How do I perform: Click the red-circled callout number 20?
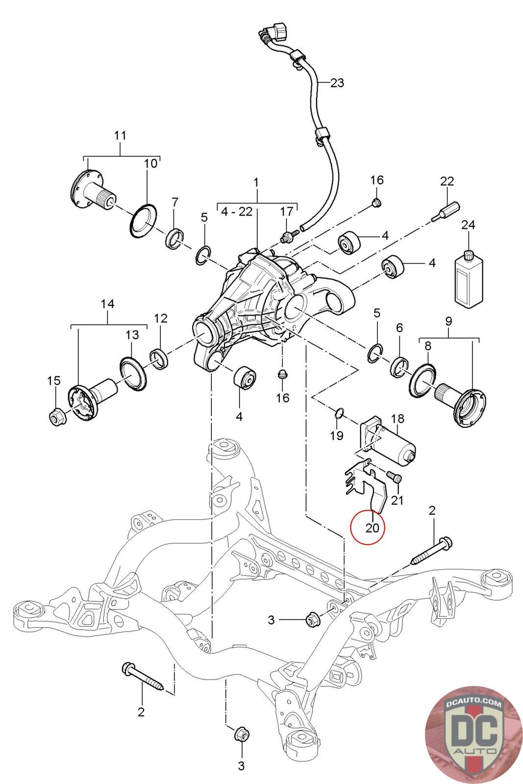[372, 527]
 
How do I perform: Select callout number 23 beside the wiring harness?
[337, 83]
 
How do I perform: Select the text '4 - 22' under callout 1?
[237, 212]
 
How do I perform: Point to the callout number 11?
[120, 135]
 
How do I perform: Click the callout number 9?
[448, 321]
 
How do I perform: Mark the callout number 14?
[107, 303]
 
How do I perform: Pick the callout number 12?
[161, 318]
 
